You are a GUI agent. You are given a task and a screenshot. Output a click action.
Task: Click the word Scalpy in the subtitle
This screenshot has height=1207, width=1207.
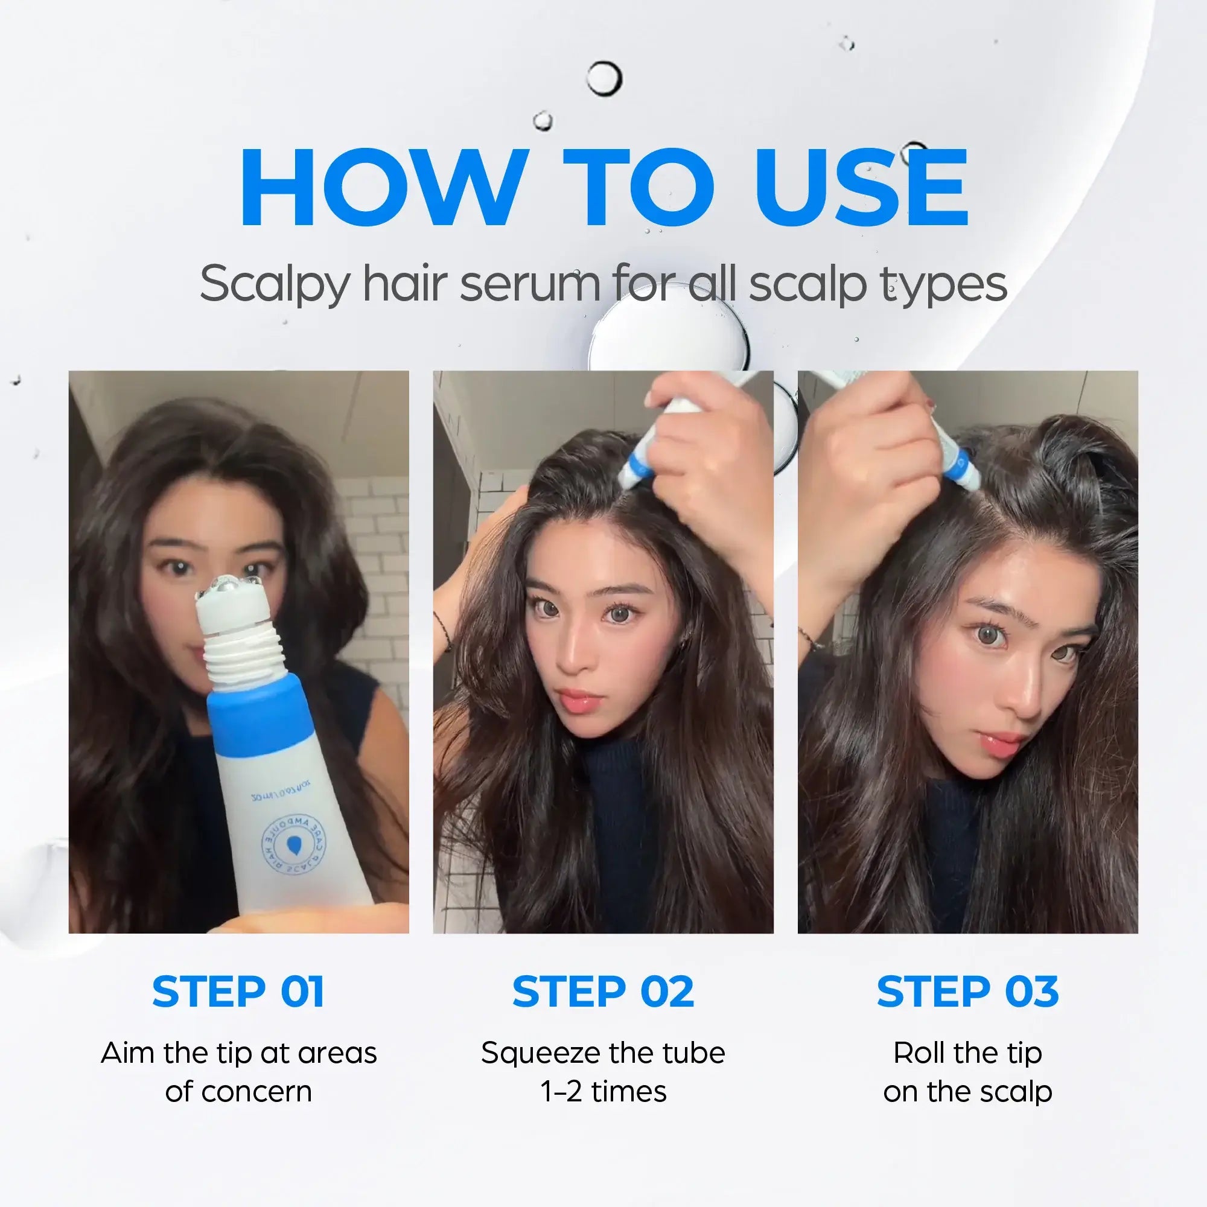(x=273, y=285)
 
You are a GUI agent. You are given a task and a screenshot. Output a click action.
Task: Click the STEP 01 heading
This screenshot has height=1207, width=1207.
(x=238, y=992)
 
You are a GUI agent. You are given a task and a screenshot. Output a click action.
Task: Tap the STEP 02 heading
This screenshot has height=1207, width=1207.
(x=603, y=992)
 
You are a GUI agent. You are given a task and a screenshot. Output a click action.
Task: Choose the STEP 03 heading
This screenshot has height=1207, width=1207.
(x=968, y=992)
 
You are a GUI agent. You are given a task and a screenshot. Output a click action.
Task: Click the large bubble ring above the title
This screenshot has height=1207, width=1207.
(x=604, y=78)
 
